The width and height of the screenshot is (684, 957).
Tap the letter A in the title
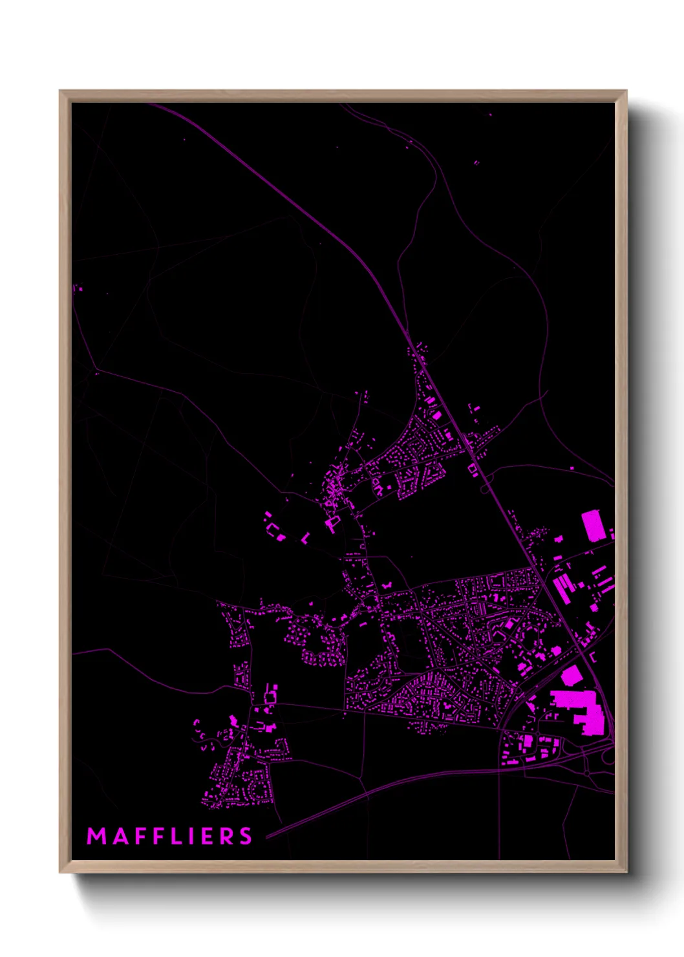pos(119,836)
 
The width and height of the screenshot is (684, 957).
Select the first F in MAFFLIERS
pos(140,836)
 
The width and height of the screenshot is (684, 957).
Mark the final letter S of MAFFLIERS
pos(246,836)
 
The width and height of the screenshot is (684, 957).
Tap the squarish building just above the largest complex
pos(570,676)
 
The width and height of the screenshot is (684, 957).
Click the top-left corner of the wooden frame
pos(60,91)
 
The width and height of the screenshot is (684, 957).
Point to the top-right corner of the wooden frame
pos(625,91)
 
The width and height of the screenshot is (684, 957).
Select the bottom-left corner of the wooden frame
pos(60,871)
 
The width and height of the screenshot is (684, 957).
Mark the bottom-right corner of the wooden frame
pos(625,871)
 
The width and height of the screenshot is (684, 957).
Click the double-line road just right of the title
pos(310,818)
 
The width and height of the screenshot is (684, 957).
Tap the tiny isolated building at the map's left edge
pos(80,288)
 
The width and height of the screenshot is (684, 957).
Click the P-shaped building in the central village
pos(333,522)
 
